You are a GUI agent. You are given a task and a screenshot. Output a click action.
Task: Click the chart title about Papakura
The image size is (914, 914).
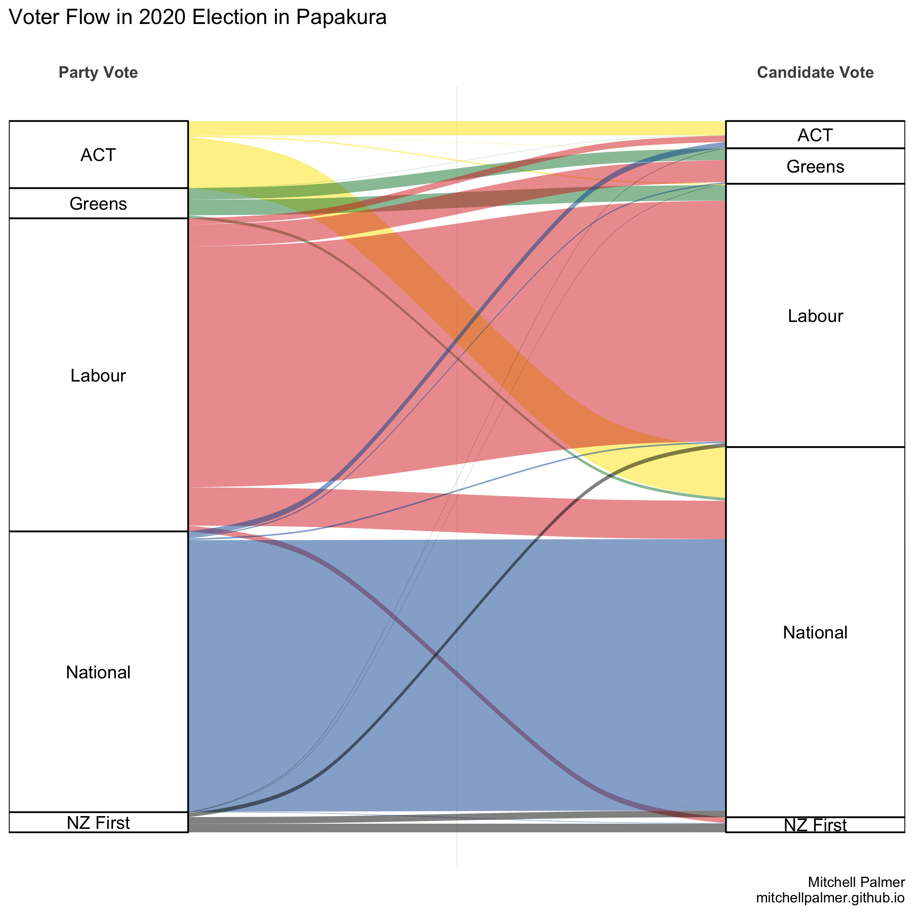(x=198, y=17)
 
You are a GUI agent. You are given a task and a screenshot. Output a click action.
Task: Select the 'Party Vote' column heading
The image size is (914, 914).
(x=98, y=72)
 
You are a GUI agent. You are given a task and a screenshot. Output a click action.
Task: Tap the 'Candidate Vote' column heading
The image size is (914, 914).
(x=815, y=72)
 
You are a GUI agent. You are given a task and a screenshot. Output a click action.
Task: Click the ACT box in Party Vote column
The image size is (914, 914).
(x=98, y=155)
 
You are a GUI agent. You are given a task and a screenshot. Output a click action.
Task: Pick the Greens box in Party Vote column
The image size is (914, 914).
(x=98, y=204)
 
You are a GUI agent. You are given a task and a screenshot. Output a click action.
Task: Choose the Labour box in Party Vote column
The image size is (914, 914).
(x=98, y=375)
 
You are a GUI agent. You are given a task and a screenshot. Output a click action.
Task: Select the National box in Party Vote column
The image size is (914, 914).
(x=98, y=672)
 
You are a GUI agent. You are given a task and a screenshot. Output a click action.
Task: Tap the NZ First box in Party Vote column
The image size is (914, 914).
(x=98, y=823)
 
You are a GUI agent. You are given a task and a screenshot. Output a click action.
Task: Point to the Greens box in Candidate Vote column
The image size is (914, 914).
(x=815, y=166)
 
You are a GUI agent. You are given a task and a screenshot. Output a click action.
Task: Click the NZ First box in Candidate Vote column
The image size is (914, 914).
(x=815, y=825)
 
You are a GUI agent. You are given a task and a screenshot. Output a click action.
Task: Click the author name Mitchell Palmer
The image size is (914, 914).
(x=856, y=882)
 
